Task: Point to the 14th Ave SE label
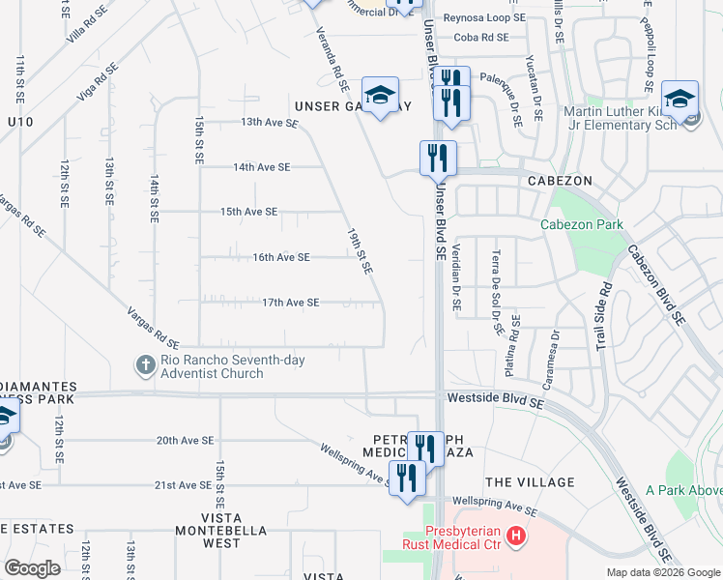[261, 167]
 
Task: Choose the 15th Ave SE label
[248, 212]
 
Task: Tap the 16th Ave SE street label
[280, 257]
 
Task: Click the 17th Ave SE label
[290, 303]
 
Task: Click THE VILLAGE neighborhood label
[530, 482]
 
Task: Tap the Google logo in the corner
[32, 567]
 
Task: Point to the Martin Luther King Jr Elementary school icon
[680, 99]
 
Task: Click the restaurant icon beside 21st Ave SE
[407, 477]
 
